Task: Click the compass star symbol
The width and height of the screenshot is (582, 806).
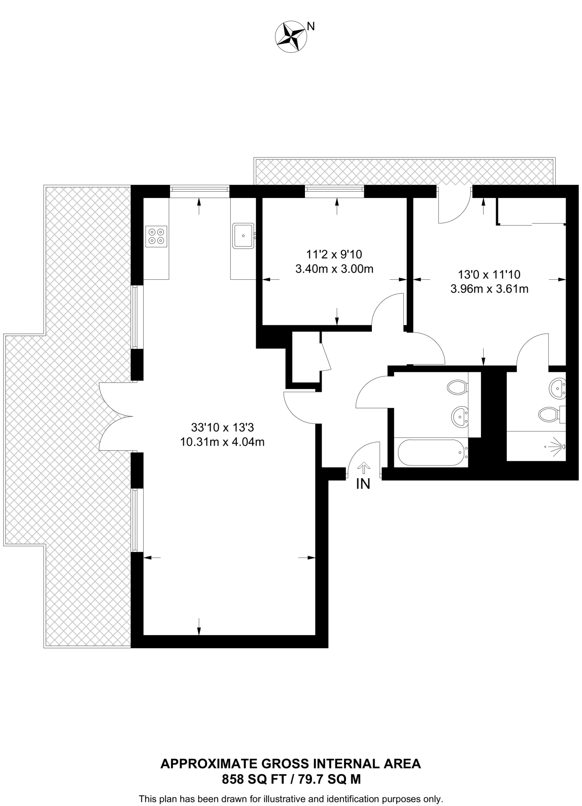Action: point(291,37)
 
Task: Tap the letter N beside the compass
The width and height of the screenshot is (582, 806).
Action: point(311,26)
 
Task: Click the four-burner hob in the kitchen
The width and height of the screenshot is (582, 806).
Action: point(156,236)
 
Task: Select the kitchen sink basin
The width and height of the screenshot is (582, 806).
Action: point(243,235)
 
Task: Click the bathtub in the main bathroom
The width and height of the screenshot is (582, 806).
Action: point(431,453)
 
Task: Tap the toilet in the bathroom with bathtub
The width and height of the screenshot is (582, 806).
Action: point(458,386)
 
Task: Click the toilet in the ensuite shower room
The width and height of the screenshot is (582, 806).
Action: point(549,414)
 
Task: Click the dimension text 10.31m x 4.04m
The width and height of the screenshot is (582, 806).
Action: point(222,442)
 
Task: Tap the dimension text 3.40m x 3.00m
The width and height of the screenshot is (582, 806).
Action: point(334,269)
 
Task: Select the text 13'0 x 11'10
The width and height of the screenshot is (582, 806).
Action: point(489,274)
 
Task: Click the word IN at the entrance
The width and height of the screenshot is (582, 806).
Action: point(363,484)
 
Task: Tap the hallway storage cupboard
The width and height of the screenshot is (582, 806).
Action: point(306,357)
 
